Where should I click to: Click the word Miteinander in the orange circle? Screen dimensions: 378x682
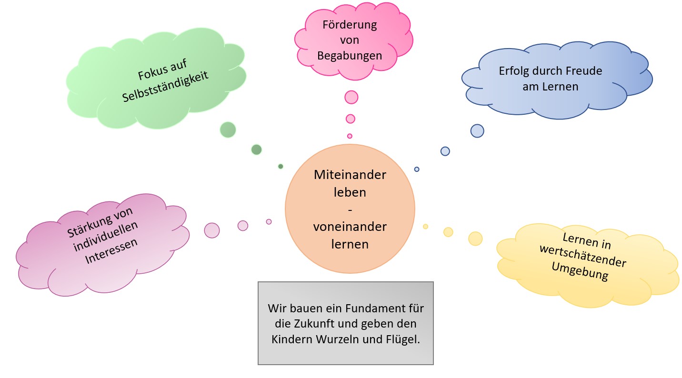[x=350, y=175]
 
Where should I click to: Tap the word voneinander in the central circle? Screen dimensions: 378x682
[x=350, y=227]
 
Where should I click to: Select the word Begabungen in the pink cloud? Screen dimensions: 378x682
[x=350, y=56]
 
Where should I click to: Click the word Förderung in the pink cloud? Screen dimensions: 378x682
[x=350, y=25]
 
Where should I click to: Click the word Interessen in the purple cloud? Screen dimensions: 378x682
[x=111, y=250]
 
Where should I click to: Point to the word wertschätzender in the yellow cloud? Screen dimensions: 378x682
[x=582, y=259]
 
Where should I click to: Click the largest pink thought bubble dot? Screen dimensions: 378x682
[x=351, y=97]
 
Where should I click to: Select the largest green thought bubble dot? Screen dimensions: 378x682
[x=228, y=129]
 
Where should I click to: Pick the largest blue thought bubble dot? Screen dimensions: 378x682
[x=477, y=131]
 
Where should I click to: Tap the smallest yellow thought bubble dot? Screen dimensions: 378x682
[x=425, y=227]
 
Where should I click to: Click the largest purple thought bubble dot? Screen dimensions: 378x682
[x=212, y=230]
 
